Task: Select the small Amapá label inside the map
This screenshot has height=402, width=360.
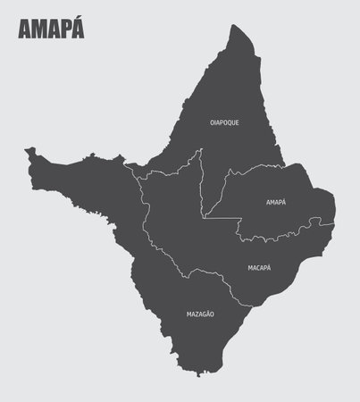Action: pos(276,202)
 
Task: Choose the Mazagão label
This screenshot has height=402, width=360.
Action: pos(200,314)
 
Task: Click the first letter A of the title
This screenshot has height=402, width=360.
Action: pos(23,30)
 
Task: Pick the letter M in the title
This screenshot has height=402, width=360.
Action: pos(38,30)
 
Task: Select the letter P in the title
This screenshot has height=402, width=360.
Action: pos(64,30)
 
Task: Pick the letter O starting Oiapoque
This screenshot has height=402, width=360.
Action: pos(211,122)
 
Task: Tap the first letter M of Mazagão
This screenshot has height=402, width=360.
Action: pos(188,314)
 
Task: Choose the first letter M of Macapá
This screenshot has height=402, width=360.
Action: pos(249,267)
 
